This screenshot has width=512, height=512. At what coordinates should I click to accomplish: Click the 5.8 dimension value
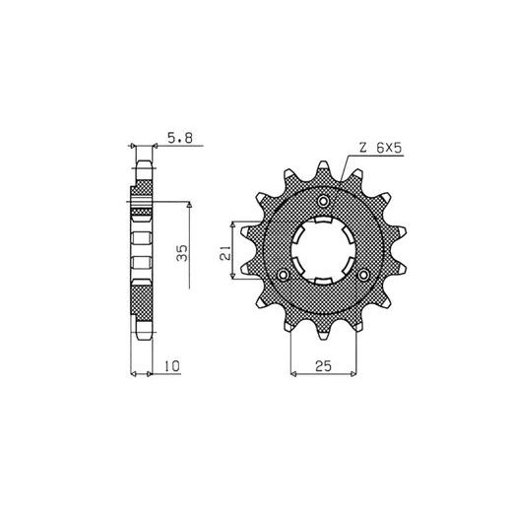coord(180,138)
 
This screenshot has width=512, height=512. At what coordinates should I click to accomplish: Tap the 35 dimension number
coord(182,252)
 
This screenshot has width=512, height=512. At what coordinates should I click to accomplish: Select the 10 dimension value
coord(172,366)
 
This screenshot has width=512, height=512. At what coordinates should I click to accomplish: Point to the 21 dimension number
coord(225,252)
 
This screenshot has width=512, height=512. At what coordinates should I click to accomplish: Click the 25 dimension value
coord(323,366)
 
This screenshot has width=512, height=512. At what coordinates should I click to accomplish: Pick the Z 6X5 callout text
coord(381,148)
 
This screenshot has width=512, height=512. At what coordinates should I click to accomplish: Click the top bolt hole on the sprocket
coord(324,201)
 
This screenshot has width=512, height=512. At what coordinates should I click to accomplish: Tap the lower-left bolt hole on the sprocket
coord(283,275)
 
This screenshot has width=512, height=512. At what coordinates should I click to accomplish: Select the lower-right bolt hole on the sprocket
coord(363,275)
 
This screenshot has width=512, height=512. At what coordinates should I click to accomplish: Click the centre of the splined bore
coord(323,250)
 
